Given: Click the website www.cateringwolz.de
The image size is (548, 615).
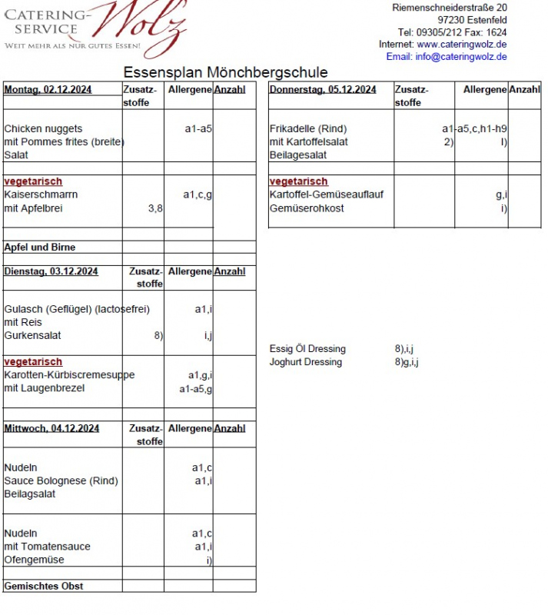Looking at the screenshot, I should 462,45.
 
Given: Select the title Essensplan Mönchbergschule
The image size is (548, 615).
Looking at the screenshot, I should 226,72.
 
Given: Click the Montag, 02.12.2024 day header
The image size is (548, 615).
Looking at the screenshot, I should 48,90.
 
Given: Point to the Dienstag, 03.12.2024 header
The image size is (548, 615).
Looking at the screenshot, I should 51,271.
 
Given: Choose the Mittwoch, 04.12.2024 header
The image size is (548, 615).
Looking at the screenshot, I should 51,428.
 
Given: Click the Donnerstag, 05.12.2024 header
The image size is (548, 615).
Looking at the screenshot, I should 323,90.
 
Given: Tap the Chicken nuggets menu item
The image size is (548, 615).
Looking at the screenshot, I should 43,129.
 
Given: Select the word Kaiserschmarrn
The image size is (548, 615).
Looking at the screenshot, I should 41,195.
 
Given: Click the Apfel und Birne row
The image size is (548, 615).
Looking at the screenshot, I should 40,248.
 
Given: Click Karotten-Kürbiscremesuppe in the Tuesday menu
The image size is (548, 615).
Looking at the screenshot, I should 69,375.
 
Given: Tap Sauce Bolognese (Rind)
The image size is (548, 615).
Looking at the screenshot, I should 61,481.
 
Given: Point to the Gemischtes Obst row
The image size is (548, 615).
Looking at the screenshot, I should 44,587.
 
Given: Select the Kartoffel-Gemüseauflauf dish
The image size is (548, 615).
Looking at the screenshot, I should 327,195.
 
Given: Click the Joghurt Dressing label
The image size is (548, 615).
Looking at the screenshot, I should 306,362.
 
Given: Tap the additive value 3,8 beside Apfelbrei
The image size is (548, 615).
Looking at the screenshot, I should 155,208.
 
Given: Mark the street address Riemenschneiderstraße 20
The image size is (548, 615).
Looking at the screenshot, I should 450,8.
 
